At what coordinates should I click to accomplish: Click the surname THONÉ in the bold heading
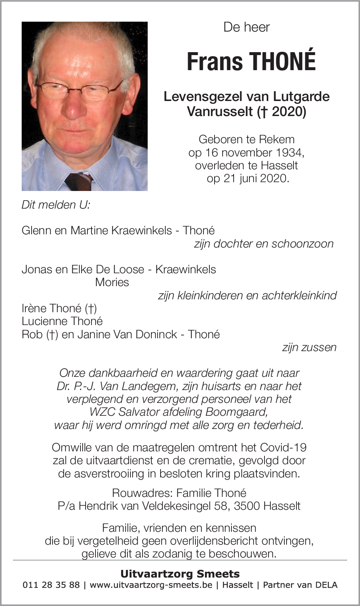pyautogui.click(x=282, y=61)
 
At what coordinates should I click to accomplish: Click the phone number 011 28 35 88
pyautogui.click(x=51, y=585)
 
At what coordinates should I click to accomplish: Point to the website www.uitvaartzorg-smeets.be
pyautogui.click(x=151, y=585)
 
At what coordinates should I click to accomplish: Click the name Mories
pyautogui.click(x=112, y=282)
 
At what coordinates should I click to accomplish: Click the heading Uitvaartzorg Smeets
pyautogui.click(x=180, y=574)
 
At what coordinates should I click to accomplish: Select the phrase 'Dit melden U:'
pyautogui.click(x=56, y=205)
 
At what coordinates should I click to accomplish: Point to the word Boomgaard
pyautogui.click(x=236, y=412)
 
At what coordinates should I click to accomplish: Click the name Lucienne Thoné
pyautogui.click(x=62, y=321)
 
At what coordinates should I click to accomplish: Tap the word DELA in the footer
pyautogui.click(x=326, y=585)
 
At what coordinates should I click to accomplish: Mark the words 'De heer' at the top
pyautogui.click(x=246, y=27)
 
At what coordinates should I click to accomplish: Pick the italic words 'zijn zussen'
pyautogui.click(x=309, y=347)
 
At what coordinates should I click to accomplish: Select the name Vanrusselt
pyautogui.click(x=220, y=111)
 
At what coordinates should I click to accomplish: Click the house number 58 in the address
pyautogui.click(x=221, y=506)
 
